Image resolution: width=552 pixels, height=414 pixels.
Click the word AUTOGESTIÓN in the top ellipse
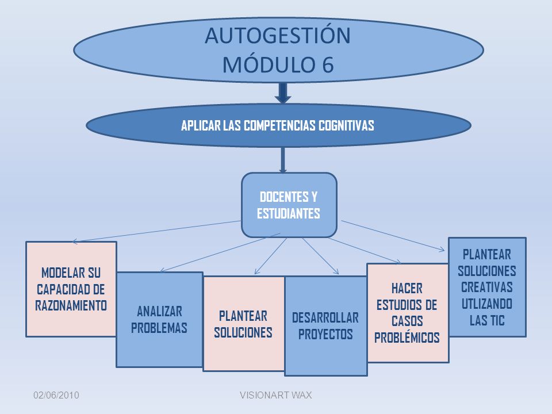(277, 35)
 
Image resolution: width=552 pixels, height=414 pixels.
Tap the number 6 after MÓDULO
(327, 65)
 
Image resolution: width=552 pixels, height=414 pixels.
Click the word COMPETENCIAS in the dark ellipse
(279, 125)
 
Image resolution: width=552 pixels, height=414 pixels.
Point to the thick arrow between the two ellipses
(283, 93)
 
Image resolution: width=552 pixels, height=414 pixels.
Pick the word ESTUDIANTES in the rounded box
(288, 213)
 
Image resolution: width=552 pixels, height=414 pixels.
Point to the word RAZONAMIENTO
(71, 305)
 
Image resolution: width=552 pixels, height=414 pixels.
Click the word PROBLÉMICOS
(407, 338)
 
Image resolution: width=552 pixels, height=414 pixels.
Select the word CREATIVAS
(487, 287)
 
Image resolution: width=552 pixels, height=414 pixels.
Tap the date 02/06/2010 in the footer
(56, 396)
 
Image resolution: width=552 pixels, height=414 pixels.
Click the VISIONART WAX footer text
(275, 396)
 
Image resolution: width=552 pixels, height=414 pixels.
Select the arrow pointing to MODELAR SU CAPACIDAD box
(156, 231)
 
